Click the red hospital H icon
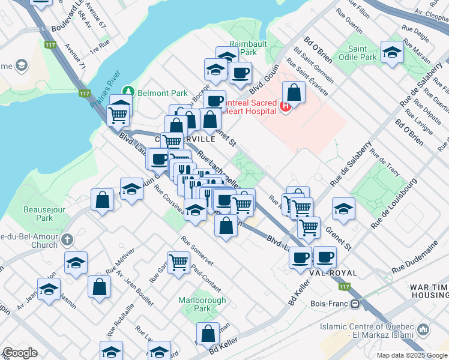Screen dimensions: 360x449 [286, 107]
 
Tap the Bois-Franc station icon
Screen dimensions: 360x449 [355, 304]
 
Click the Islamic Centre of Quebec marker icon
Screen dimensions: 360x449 [424, 329]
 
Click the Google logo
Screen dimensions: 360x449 [20, 353]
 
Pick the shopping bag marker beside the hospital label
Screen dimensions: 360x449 [294, 92]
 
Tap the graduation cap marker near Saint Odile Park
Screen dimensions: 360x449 [392, 52]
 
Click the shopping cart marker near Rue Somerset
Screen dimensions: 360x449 [179, 262]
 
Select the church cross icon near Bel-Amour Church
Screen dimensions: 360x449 [67, 239]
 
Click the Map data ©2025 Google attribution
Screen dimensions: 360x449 [412, 355]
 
